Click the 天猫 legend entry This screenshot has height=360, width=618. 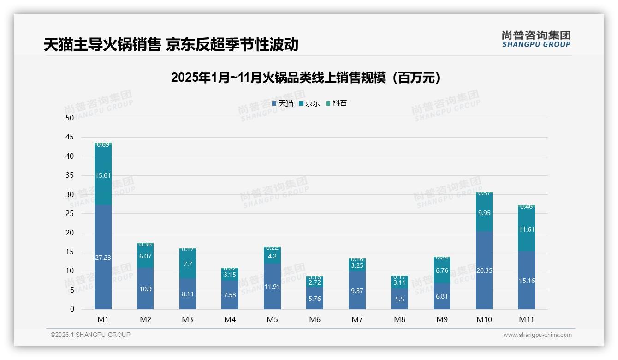(283, 103)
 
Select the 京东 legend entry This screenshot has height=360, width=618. (309, 103)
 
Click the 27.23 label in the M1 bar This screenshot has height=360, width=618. (103, 258)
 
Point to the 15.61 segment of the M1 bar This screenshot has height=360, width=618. (103, 175)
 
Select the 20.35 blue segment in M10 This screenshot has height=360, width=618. (484, 270)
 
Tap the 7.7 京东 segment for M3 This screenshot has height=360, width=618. (188, 264)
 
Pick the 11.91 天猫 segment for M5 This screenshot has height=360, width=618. (272, 286)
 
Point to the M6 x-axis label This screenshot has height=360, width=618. (315, 319)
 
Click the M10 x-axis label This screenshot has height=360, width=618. (484, 319)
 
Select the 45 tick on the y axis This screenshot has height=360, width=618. (70, 137)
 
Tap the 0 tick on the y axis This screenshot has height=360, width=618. (72, 309)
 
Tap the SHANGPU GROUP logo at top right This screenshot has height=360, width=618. (536, 39)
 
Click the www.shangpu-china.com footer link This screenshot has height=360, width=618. (537, 335)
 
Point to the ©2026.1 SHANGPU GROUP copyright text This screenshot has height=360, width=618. (90, 335)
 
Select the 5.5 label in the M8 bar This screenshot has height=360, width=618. (399, 299)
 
